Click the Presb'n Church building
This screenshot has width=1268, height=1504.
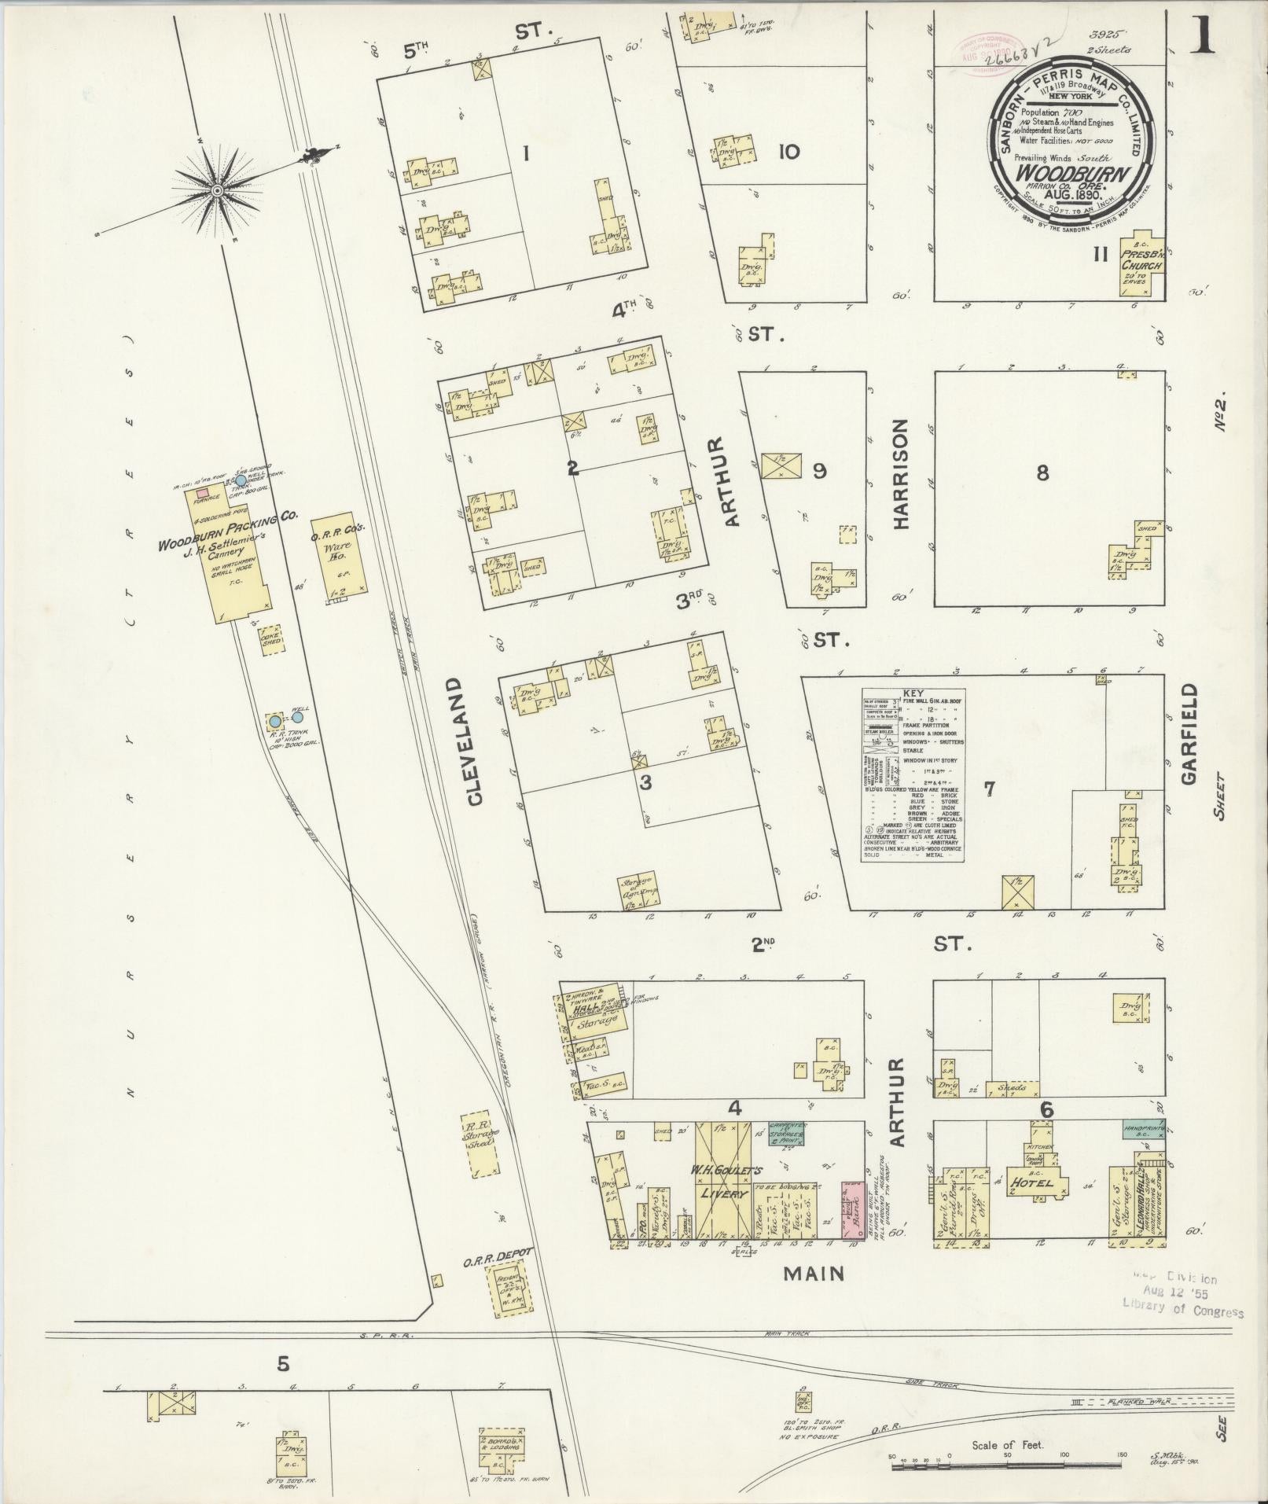(1141, 266)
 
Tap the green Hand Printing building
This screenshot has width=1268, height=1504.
(1143, 1130)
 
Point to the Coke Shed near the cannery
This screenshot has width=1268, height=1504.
(271, 639)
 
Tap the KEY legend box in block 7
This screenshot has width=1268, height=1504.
(913, 775)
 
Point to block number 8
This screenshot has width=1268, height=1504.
(1042, 473)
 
